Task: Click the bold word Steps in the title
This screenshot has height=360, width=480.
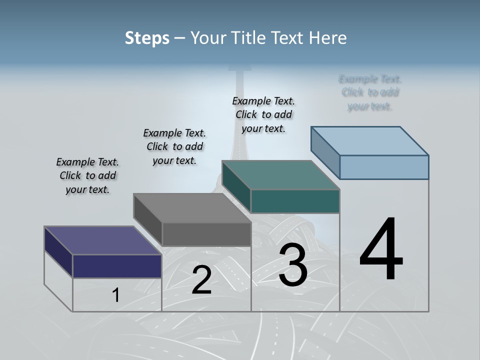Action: (147, 38)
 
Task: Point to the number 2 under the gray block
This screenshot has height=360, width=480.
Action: (201, 280)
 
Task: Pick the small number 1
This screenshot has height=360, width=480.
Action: (116, 295)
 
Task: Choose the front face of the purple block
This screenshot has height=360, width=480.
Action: (117, 266)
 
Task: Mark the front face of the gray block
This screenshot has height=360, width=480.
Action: (206, 234)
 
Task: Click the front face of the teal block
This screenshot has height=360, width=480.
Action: (295, 201)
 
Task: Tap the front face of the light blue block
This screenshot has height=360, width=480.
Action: (384, 167)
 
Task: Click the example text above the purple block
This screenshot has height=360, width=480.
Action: (87, 175)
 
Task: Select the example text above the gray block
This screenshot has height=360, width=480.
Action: (174, 146)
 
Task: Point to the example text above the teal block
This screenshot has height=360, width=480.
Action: (263, 114)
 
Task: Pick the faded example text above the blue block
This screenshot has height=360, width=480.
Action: (370, 92)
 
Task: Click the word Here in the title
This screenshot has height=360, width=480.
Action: (328, 38)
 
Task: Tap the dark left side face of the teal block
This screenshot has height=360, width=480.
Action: (236, 187)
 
